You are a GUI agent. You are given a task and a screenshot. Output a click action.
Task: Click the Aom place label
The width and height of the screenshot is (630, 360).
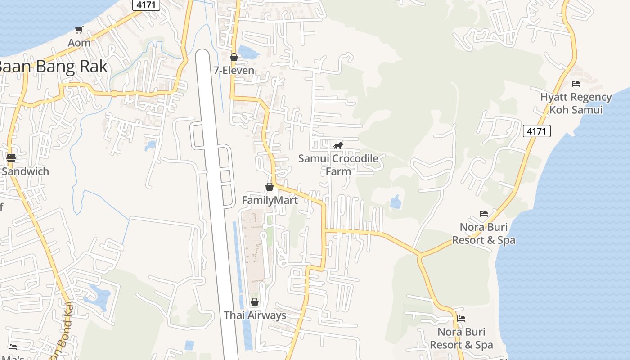pos(79,43)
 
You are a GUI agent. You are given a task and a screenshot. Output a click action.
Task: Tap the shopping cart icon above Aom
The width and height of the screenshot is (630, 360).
pos(79,30)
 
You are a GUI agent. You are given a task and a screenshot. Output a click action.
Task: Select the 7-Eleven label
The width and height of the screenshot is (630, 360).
pos(234,71)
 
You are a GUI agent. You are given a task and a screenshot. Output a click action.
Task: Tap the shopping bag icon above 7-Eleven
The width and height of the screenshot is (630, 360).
pos(234,58)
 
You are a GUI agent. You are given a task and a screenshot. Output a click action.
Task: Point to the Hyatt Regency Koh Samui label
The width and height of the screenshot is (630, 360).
pos(576,103)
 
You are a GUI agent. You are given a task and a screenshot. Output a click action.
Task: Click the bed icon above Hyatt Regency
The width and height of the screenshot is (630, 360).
pos(576,84)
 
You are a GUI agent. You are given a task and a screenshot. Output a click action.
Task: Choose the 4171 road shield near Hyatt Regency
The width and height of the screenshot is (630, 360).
pos(536,131)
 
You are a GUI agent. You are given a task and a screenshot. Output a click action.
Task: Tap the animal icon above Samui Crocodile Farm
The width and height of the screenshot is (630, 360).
pos(338,145)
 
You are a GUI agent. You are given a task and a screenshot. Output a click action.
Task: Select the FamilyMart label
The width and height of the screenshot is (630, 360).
pos(270,200)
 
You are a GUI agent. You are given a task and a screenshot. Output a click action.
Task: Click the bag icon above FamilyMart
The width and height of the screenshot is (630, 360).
pos(270,187)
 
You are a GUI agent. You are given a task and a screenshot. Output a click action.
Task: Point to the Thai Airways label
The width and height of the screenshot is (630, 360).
pos(255,315)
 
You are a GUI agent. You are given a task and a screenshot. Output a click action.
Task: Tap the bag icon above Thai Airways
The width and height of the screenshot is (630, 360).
pos(255,302)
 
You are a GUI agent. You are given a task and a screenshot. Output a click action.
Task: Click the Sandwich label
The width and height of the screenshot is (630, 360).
pos(25,171)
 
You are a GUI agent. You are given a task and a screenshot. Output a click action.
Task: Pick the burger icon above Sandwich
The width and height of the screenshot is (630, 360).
pos(11,158)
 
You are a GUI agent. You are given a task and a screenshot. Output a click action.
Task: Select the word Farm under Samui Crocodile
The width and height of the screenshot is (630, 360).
pos(338,171)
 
